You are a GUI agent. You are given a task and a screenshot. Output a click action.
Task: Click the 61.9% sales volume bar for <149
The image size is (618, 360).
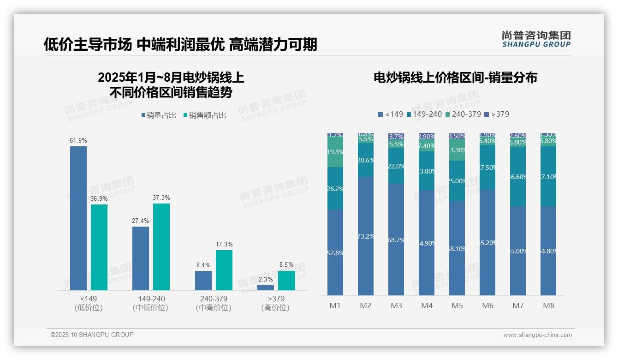coord(78,218)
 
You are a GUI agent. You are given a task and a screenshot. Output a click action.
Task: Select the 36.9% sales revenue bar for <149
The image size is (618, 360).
coord(99,247)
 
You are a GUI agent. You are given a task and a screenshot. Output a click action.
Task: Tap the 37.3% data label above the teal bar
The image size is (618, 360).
coord(161,198)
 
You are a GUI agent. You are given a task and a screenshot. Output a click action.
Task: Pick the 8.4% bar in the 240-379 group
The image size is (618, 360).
coord(203,280)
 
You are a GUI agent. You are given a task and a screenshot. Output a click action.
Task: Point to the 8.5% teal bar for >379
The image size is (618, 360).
coord(286,280)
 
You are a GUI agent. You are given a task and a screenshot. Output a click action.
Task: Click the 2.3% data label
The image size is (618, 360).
coord(266,279)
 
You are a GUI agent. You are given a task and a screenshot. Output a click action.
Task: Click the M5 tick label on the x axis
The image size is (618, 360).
coord(457,306)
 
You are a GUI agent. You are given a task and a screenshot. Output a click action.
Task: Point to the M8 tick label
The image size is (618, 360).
coord(548,306)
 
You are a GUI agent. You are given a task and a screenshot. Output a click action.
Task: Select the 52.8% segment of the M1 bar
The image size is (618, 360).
coord(335,252)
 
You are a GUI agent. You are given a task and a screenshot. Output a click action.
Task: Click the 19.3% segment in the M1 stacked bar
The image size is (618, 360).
coord(335,152)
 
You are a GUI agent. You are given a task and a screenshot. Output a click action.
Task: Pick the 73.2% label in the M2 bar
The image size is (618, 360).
coord(366,236)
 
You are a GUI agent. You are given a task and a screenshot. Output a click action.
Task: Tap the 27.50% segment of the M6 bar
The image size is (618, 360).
coord(487,168)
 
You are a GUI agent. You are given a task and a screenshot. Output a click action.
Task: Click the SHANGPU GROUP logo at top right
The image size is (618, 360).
coord(536,39)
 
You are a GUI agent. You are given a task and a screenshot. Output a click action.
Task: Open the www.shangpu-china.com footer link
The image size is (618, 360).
coord(537,335)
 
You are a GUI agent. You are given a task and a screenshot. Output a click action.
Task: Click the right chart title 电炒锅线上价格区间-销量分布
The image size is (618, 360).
coord(455,78)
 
